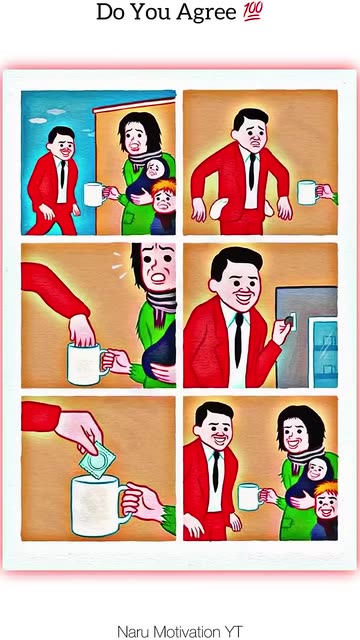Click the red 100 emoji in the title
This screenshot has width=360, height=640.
(x=253, y=11)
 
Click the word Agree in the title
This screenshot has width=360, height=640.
(x=206, y=13)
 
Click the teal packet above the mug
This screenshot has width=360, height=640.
(x=98, y=460)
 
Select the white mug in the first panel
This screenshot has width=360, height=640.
(x=94, y=194)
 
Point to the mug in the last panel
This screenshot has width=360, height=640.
(x=249, y=497)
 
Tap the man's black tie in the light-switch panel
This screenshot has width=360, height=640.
(x=238, y=340)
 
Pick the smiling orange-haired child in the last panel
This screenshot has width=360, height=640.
(x=325, y=509)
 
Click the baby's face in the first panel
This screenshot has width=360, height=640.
(x=153, y=169)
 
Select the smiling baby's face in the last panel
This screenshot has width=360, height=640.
(x=316, y=470)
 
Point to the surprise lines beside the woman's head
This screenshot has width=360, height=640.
(x=119, y=265)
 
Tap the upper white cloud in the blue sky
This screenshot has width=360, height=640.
(x=56, y=111)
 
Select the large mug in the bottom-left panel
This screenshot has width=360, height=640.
(x=97, y=506)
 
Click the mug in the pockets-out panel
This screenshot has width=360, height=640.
(x=308, y=192)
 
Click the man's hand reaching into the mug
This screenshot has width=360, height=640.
(x=82, y=331)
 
